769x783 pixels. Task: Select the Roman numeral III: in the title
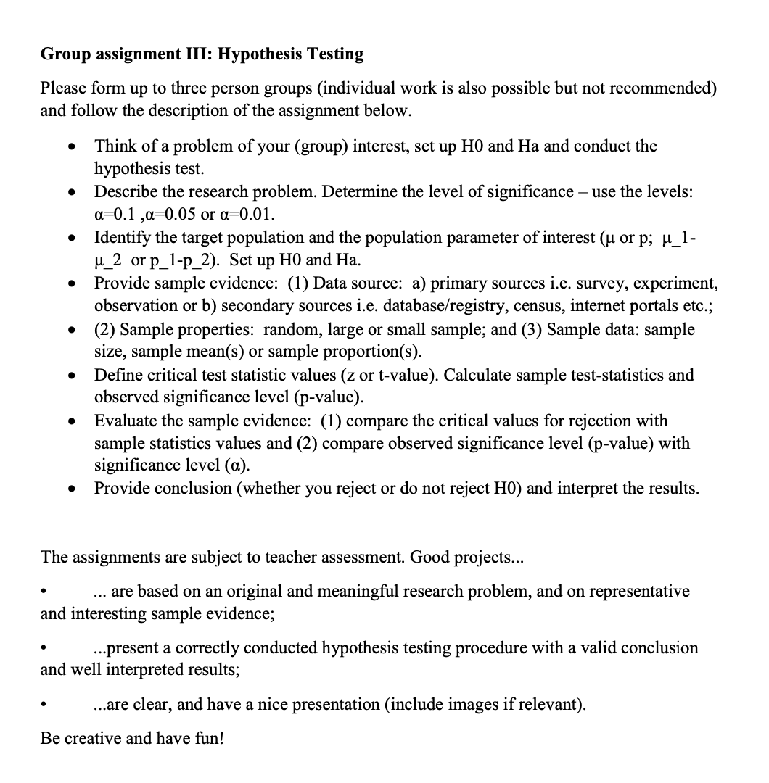194,54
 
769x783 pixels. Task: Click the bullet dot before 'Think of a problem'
71,146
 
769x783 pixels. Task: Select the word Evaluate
127,420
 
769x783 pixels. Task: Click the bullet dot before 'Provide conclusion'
71,489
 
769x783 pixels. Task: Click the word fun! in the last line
207,738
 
